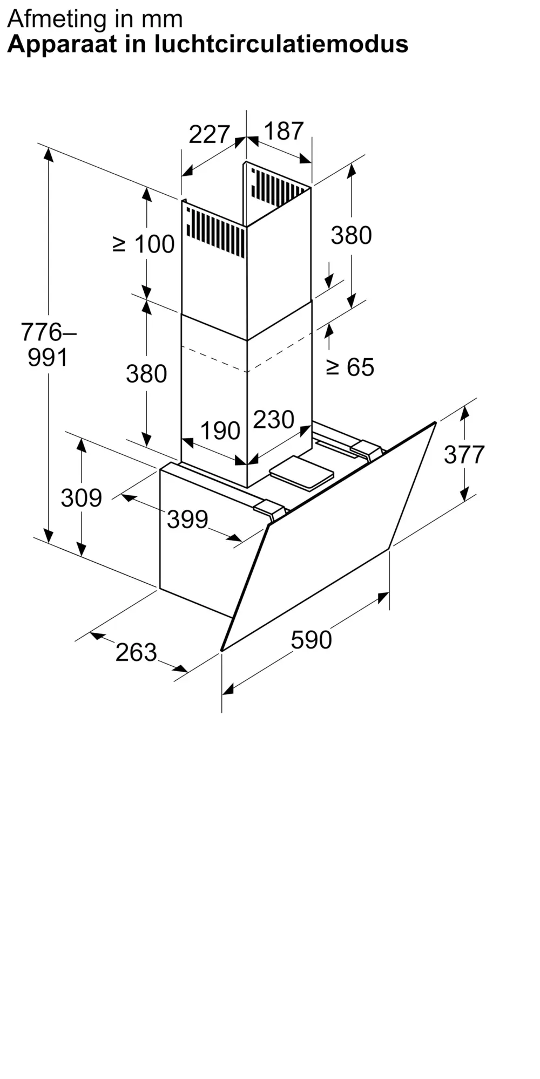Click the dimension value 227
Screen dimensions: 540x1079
pyautogui.click(x=210, y=134)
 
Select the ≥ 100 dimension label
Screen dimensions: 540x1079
pyautogui.click(x=144, y=244)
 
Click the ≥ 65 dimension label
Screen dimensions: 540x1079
pyautogui.click(x=350, y=367)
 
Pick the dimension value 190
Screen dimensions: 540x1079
pyautogui.click(x=220, y=431)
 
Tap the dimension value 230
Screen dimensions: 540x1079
pyautogui.click(x=274, y=420)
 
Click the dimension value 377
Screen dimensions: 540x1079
pyautogui.click(x=464, y=455)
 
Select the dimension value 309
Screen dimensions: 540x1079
pyautogui.click(x=82, y=498)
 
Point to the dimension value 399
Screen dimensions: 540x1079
pyautogui.click(x=187, y=520)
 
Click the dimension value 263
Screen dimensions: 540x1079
pyautogui.click(x=136, y=653)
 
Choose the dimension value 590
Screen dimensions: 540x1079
pyautogui.click(x=311, y=640)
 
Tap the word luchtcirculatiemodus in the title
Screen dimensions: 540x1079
pyautogui.click(x=281, y=44)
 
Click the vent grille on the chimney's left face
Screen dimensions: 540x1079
pyautogui.click(x=215, y=232)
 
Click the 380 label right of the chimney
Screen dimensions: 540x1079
pyautogui.click(x=352, y=236)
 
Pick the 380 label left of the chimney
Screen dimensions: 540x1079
pyautogui.click(x=146, y=374)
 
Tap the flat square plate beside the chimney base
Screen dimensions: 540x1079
pyautogui.click(x=302, y=472)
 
